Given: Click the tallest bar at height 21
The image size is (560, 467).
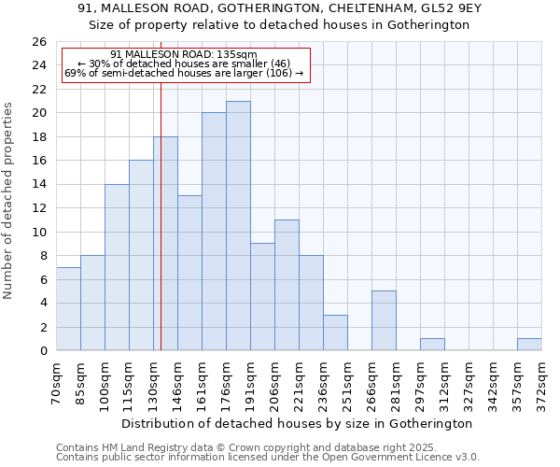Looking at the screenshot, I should [x=238, y=226].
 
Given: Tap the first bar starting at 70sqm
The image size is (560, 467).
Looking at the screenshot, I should [x=68, y=309].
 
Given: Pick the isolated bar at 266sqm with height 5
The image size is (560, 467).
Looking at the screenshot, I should [x=384, y=320].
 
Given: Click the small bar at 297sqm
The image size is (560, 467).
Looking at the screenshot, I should [x=432, y=345].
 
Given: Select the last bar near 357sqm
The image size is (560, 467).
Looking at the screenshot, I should [x=529, y=345].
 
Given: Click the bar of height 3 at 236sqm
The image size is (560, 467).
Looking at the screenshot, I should [x=335, y=333].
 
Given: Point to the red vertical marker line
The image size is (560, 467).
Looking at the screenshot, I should [x=161, y=233].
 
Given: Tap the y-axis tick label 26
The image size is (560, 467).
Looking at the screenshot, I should [x=38, y=42].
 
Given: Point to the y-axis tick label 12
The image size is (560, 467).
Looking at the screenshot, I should [x=38, y=208].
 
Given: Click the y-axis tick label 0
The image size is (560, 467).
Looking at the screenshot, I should [x=42, y=351].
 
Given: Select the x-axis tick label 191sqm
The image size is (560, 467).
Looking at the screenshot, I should [x=251, y=381].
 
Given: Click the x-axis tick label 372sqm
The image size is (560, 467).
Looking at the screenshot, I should [x=542, y=381].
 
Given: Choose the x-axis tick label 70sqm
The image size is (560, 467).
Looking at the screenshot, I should [x=57, y=381].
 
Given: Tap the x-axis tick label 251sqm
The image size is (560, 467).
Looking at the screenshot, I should [x=348, y=381].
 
